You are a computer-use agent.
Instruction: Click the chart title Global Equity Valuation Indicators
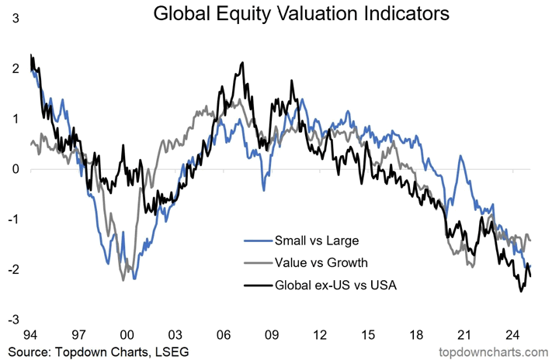tap(300, 14)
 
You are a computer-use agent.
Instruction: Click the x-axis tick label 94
tap(30, 336)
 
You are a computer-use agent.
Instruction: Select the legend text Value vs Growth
tap(321, 262)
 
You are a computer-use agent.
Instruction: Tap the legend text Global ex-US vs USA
tap(335, 286)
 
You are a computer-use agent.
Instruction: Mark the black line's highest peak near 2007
tap(243, 63)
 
